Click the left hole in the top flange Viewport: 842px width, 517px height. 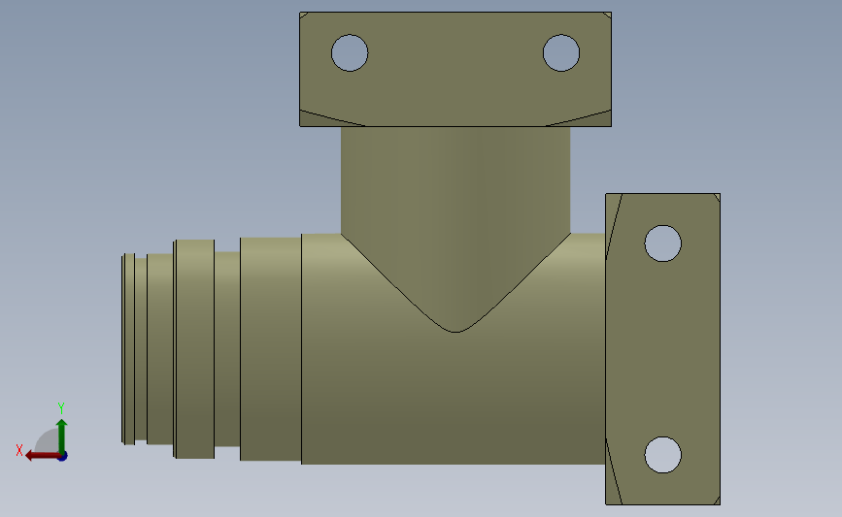pyautogui.click(x=350, y=52)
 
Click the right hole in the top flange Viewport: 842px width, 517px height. pyautogui.click(x=561, y=52)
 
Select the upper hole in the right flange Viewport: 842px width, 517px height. pyautogui.click(x=662, y=242)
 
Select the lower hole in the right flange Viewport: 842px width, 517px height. pyautogui.click(x=662, y=454)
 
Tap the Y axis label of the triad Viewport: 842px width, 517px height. pyautogui.click(x=60, y=408)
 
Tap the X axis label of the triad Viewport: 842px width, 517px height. pyautogui.click(x=18, y=450)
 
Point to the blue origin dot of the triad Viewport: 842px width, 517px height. pyautogui.click(x=62, y=455)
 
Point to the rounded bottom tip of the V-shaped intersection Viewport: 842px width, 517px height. pyautogui.click(x=455, y=330)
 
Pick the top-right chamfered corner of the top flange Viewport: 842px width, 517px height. pyautogui.click(x=607, y=16)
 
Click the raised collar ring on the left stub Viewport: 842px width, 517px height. pyautogui.click(x=194, y=348)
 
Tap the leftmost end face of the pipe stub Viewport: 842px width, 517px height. pyautogui.click(x=124, y=349)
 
